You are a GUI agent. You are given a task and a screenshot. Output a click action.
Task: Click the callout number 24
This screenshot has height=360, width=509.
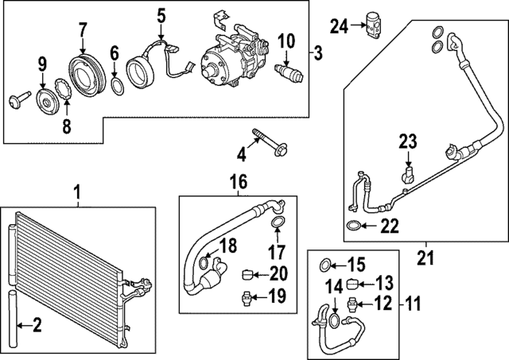coord(340,27)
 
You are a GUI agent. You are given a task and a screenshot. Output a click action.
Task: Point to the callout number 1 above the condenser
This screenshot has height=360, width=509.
coord(77,192)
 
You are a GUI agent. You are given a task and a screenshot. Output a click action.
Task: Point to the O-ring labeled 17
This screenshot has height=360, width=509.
coord(276,222)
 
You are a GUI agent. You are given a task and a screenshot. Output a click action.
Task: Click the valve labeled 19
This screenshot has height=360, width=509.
coord(247,299)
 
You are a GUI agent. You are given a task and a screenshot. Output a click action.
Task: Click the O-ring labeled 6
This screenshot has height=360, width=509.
coord(116,84)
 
